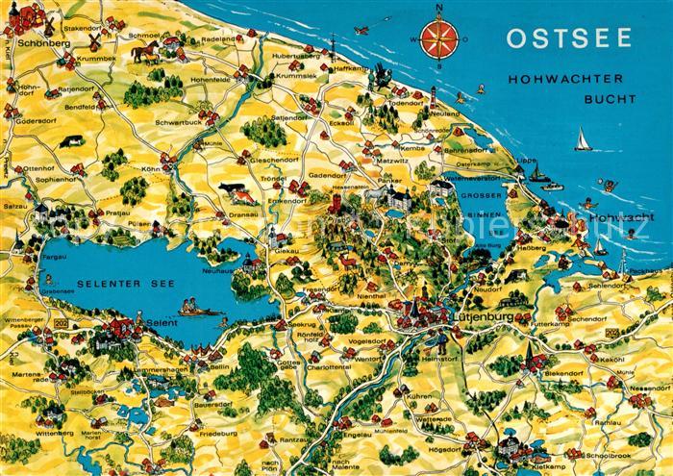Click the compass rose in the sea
(439, 39)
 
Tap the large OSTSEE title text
(568, 38)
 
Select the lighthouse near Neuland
(434, 93)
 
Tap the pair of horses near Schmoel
(147, 54)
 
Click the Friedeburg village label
(217, 435)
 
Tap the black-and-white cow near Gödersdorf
(70, 141)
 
